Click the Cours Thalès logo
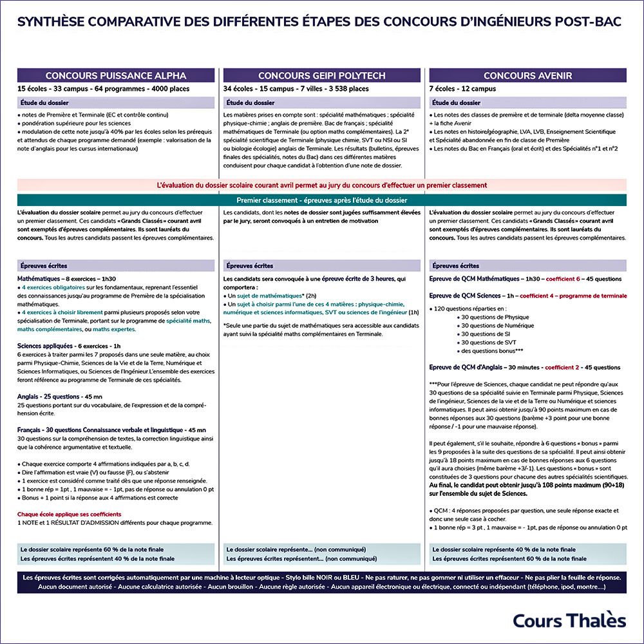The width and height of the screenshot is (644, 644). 569,620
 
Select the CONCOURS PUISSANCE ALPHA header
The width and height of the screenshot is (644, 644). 116,75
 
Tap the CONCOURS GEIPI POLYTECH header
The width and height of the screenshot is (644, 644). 321,75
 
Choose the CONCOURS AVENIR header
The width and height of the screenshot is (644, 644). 527,75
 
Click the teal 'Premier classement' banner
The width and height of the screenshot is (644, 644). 321,200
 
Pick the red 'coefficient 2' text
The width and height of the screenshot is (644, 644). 562,367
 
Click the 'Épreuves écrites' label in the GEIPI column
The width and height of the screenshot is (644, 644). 250,265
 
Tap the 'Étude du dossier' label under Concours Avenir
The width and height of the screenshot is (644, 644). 456,102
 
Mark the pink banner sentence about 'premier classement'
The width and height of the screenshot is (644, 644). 321,185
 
